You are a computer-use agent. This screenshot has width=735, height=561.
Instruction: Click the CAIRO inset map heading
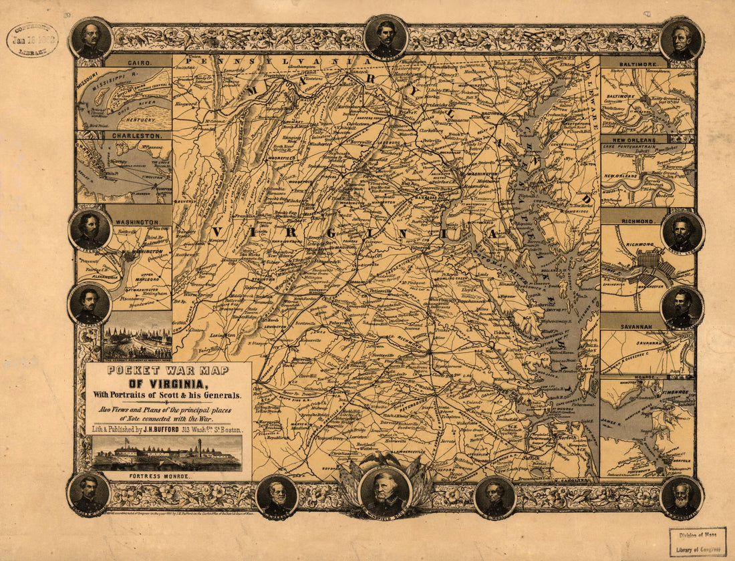138,61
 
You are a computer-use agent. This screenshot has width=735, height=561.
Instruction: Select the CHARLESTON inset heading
138,135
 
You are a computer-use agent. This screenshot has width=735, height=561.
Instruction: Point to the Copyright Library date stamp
31,39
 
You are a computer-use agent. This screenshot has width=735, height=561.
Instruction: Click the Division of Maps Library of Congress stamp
697,542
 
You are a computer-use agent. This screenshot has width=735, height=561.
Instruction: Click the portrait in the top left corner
91,38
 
